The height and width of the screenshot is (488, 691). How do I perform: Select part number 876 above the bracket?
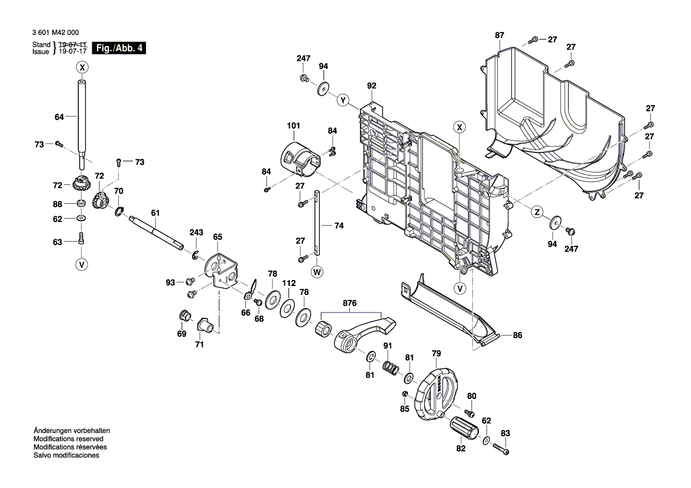tap(350, 303)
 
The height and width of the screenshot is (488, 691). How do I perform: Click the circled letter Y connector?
tap(342, 100)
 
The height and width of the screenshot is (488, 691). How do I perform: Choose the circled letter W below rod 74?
tap(317, 272)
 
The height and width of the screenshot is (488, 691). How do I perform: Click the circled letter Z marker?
tap(537, 212)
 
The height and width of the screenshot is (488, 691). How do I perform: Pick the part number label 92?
tap(371, 86)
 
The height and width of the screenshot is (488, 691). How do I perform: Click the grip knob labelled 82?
tap(464, 427)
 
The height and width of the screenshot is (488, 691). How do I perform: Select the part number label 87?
tap(499, 36)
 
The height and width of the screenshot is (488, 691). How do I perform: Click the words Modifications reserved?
tap(69, 439)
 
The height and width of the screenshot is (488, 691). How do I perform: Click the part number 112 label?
tap(288, 284)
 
